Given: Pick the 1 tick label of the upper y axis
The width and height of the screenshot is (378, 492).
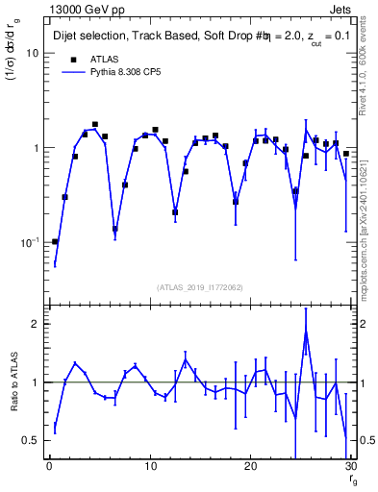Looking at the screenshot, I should tap(36, 148).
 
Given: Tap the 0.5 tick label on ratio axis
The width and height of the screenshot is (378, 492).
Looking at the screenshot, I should tap(31, 440).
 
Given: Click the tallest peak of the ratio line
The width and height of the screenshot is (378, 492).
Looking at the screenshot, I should tap(306, 334).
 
